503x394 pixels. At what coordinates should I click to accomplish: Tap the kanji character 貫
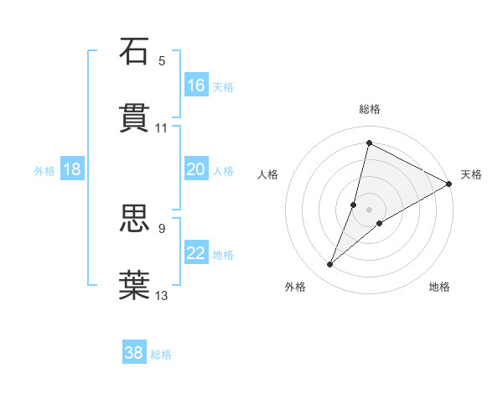(134, 118)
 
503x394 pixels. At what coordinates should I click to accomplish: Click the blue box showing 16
(196, 86)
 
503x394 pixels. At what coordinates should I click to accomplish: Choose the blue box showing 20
(196, 169)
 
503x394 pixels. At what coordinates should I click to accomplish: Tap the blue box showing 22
(196, 253)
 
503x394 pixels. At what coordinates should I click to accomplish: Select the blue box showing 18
(72, 169)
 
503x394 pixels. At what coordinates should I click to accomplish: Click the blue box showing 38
(134, 353)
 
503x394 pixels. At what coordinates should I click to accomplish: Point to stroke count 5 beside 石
(162, 60)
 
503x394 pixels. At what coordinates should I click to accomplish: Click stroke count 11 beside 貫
(162, 128)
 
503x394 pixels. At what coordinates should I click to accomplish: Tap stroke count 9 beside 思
(162, 227)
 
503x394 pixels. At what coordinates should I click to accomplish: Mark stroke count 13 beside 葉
(162, 295)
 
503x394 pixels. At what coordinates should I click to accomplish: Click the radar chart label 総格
(370, 109)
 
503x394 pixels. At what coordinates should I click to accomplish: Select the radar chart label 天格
(471, 174)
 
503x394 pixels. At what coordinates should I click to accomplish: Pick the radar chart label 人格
(267, 174)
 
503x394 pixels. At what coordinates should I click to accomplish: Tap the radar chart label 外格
(295, 287)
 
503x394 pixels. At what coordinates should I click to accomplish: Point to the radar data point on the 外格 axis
(330, 265)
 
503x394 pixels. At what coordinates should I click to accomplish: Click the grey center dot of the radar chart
(370, 210)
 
